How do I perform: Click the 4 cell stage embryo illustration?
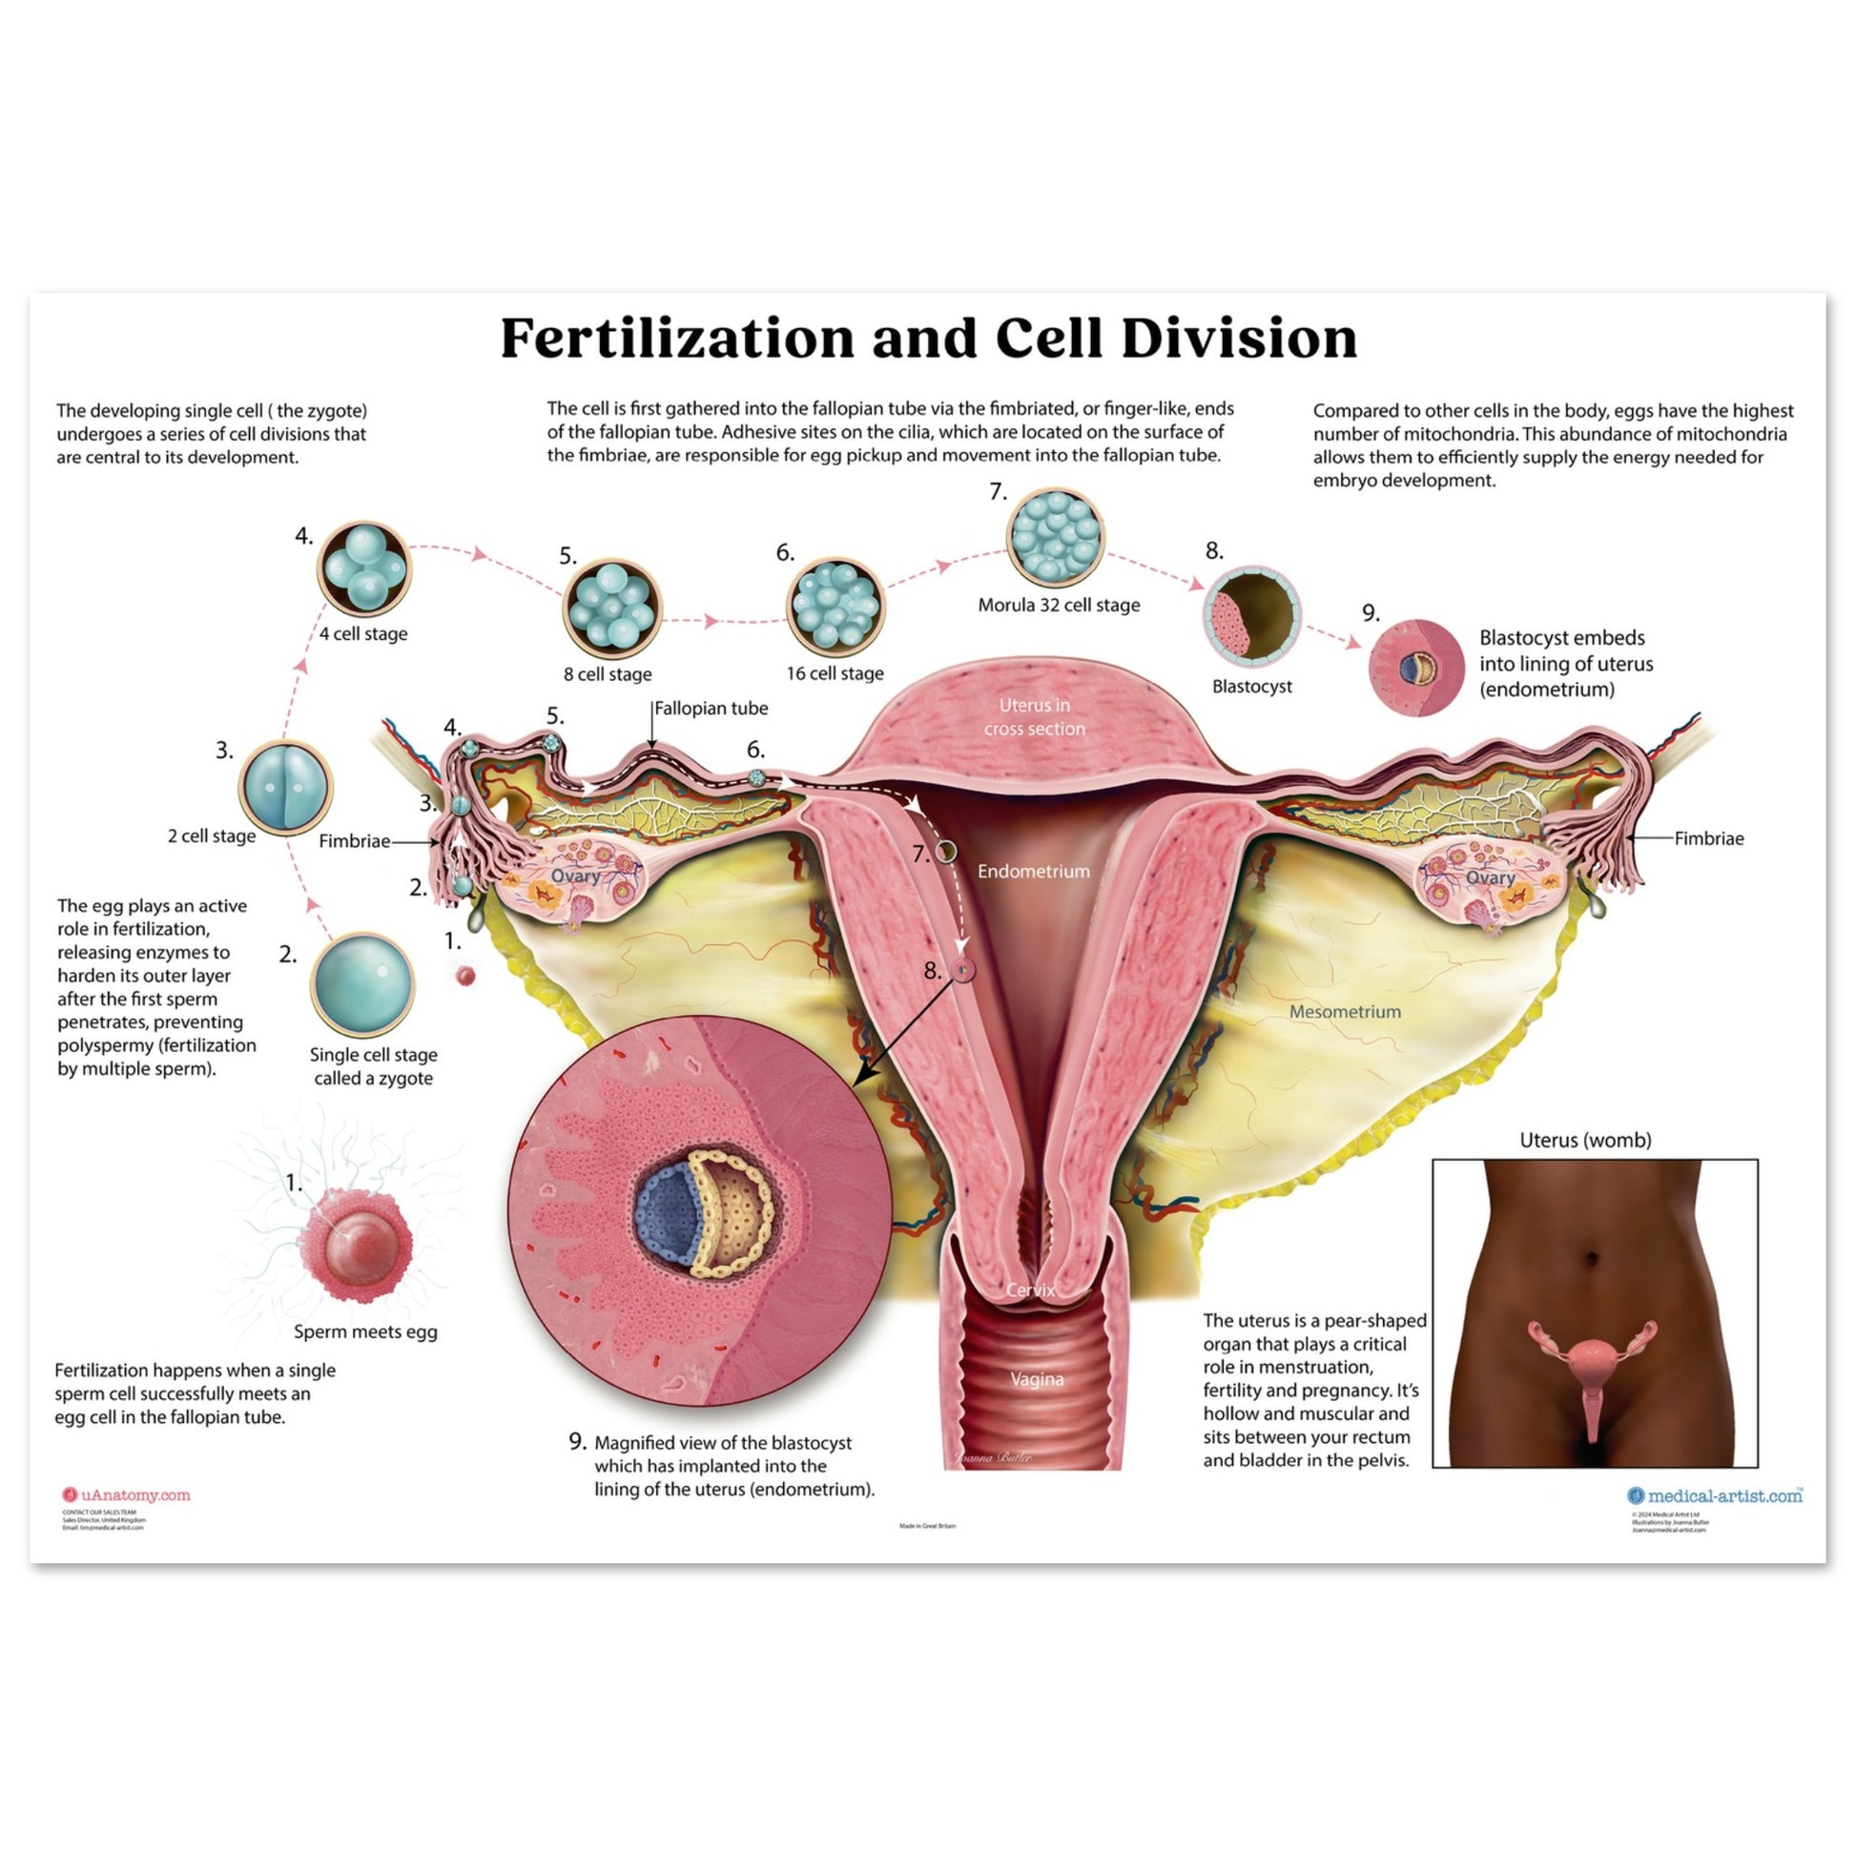point(364,568)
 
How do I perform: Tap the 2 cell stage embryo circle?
point(285,787)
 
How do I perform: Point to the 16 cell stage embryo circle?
point(835,607)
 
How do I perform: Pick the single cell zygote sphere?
point(362,985)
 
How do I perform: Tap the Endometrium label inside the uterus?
point(1034,872)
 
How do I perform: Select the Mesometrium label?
point(1344,1012)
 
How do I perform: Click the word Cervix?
point(1030,1289)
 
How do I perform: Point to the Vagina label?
point(1037,1379)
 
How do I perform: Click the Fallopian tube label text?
point(711,709)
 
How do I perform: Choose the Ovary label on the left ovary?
point(574,876)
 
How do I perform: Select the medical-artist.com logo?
point(1715,1495)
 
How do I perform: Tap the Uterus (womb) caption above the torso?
point(1585,1141)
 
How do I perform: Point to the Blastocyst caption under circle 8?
point(1251,686)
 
